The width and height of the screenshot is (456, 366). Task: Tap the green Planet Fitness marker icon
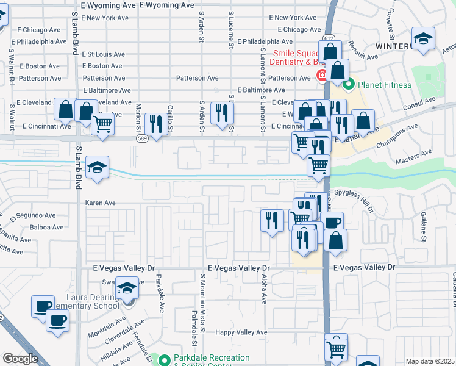tap(349, 84)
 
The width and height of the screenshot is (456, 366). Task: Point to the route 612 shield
tap(329, 38)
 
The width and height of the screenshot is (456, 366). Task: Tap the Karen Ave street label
tap(100, 203)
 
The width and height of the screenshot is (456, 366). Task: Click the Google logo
tap(20, 359)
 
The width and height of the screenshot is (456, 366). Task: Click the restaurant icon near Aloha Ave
tap(272, 219)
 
